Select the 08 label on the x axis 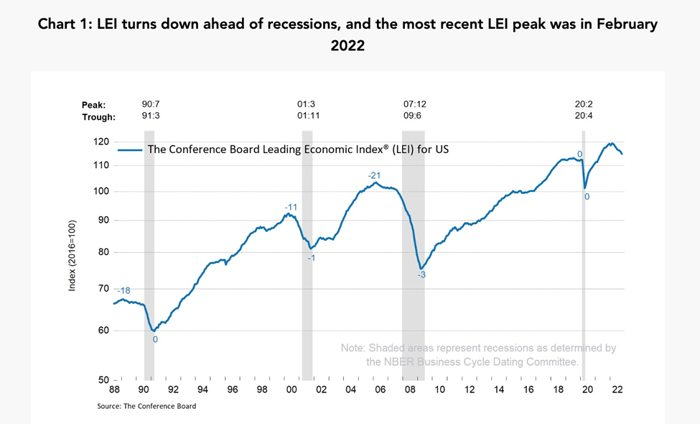click(x=409, y=390)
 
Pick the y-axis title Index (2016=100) click(x=72, y=256)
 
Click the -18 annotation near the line click(x=123, y=290)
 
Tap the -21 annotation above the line click(x=374, y=176)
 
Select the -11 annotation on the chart click(x=290, y=207)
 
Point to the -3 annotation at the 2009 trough click(x=422, y=275)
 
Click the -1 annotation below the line click(x=311, y=257)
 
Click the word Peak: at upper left click(x=94, y=105)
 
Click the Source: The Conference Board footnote click(x=146, y=406)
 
